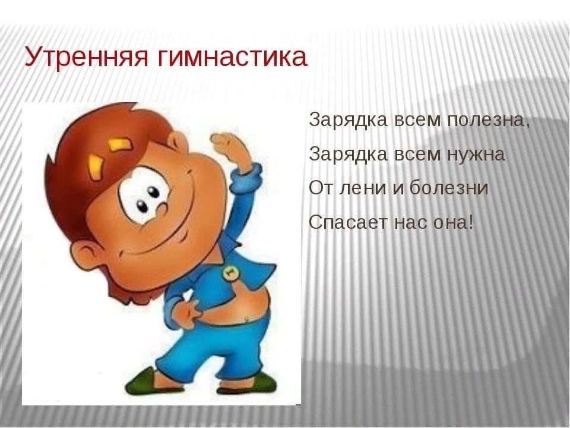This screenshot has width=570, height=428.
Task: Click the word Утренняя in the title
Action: point(87,57)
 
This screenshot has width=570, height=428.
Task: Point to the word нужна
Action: point(476,155)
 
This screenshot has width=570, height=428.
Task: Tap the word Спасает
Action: point(349,222)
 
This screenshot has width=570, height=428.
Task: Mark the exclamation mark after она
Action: point(471,222)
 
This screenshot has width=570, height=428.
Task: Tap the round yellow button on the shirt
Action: point(229,273)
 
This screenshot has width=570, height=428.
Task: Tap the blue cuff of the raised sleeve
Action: point(248,175)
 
